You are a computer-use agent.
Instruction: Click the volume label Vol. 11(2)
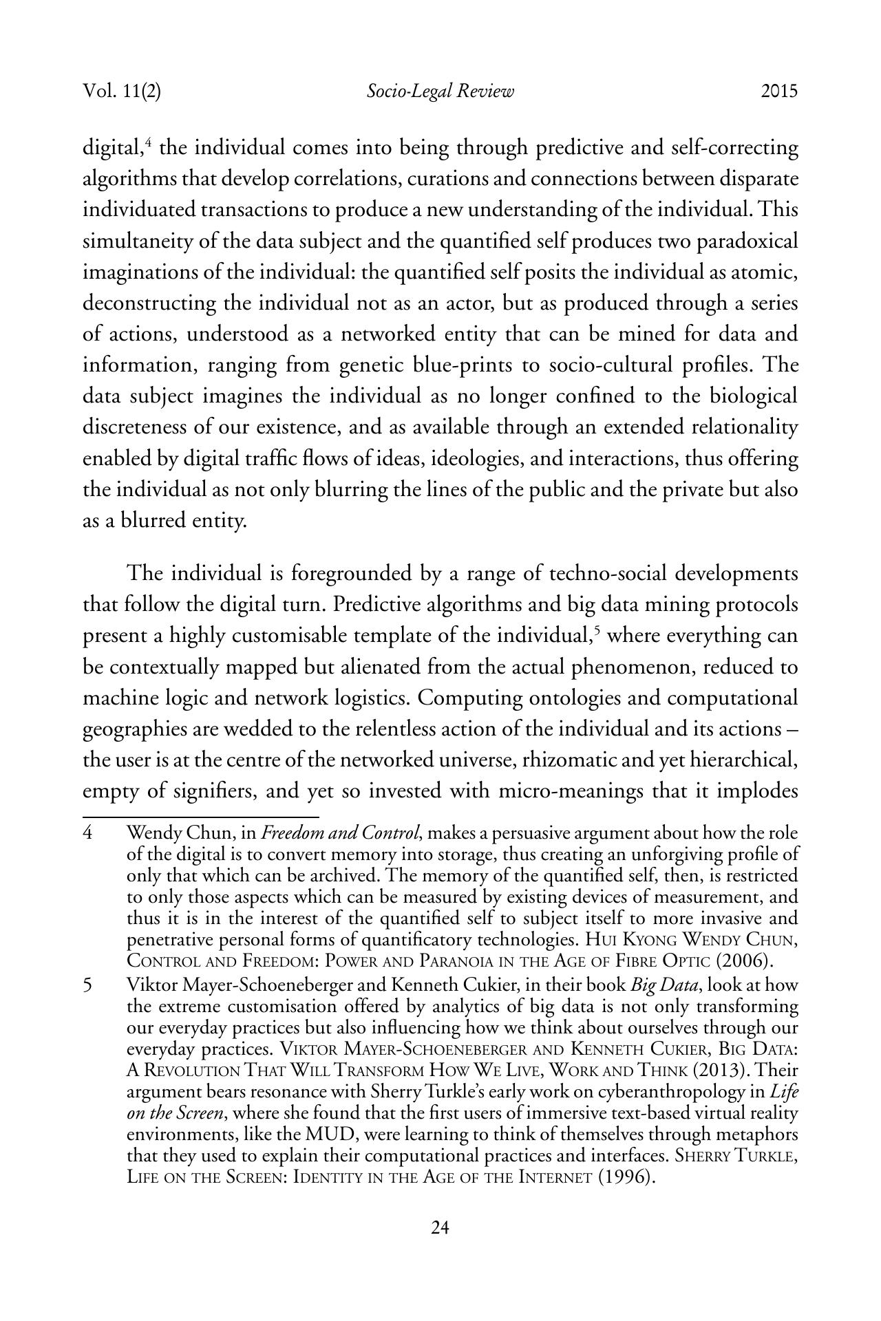(x=122, y=92)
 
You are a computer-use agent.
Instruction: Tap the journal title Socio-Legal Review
(x=440, y=92)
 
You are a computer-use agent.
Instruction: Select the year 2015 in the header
(x=779, y=92)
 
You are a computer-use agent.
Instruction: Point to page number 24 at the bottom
(x=440, y=1247)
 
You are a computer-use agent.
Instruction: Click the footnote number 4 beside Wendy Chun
(x=88, y=833)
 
